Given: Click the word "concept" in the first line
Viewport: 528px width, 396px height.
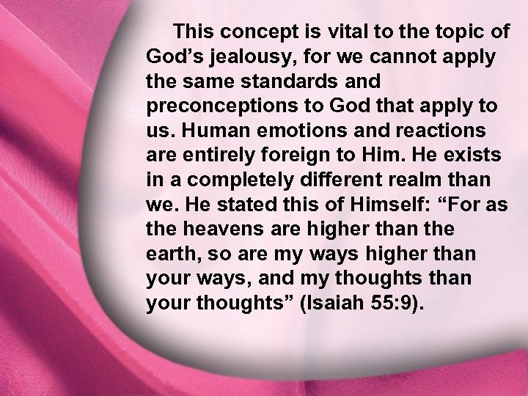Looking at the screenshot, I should point(247,32).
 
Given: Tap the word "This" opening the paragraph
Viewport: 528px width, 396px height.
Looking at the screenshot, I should point(193,32).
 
